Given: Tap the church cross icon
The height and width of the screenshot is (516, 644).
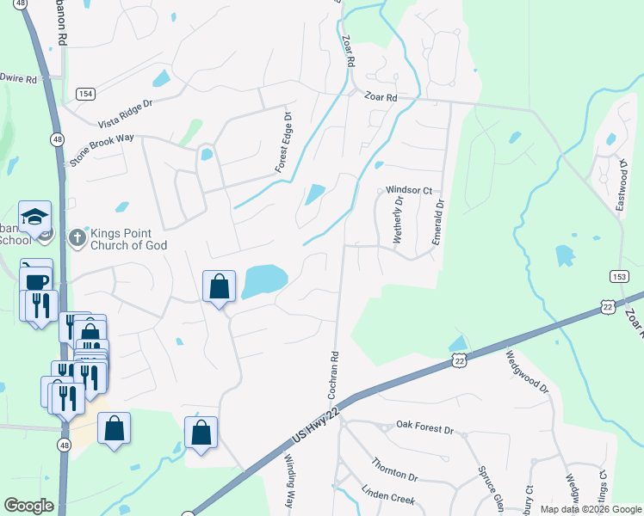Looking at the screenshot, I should coord(77,236).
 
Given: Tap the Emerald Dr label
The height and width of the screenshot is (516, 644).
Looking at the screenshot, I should coord(437,222).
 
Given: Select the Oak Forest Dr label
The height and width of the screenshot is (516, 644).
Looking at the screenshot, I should coord(424,426).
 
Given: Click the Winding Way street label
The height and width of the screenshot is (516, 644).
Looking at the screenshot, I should coord(289,486).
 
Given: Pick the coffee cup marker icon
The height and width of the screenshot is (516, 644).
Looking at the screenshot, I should coord(36,280).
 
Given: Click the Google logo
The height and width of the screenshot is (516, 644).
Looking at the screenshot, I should coord(28,506).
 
